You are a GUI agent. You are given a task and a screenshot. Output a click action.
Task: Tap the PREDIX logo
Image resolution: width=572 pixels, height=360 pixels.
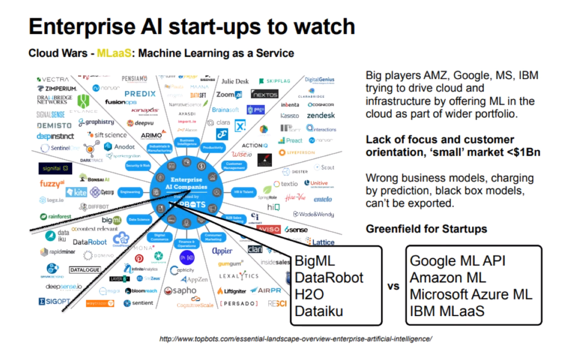coord(140,94)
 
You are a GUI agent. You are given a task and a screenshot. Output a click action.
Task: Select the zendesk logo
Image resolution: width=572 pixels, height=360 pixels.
coord(321,115)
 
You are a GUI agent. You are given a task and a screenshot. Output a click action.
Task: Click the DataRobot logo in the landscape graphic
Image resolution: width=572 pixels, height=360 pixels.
coord(90,242)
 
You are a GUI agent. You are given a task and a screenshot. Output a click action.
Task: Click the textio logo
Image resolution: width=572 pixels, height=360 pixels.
coord(286,184)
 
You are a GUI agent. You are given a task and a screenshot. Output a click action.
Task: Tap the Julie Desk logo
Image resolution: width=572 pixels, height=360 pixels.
coord(235,82)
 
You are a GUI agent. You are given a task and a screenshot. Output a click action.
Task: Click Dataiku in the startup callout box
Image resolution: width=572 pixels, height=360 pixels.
coord(319,311)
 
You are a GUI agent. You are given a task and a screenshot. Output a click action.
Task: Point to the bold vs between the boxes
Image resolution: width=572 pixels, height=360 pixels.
coord(393,287)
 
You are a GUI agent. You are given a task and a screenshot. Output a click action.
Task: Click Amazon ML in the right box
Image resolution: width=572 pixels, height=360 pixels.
coord(448,278)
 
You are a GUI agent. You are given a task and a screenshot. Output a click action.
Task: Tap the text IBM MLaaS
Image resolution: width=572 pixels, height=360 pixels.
coord(447,311)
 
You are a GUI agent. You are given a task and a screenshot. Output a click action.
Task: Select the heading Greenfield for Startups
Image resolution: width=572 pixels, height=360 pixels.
coord(426,229)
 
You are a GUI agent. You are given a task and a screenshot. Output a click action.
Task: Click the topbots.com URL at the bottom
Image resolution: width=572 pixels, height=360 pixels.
coord(296,339)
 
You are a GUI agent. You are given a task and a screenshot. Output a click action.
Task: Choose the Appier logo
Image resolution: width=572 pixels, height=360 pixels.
coord(222,251)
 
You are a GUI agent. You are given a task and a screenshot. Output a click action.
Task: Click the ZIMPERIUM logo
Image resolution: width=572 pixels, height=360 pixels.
coord(57,89)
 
